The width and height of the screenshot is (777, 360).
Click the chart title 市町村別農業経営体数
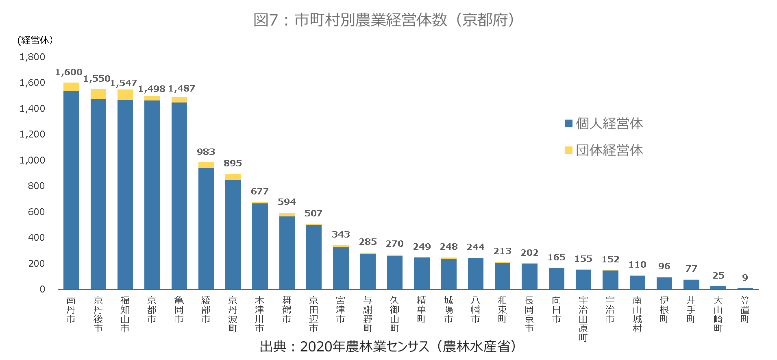tap(384, 20)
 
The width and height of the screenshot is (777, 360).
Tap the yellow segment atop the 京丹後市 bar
tap(98, 94)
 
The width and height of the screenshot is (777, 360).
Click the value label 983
tap(206, 152)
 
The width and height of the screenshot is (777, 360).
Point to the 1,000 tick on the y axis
tap(32, 160)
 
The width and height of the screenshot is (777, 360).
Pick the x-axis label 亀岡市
tap(179, 310)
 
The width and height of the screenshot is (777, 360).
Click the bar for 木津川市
tap(260, 246)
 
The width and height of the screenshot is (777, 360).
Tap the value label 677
tap(259, 191)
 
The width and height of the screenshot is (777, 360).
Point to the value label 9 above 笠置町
tap(745, 277)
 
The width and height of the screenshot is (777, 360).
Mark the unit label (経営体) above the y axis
tap(35, 40)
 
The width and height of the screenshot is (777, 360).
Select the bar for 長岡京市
tap(529, 276)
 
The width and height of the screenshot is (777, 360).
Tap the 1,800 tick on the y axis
tap(32, 57)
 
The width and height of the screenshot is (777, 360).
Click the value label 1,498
tap(152, 89)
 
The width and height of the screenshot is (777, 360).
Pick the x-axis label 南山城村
tap(637, 314)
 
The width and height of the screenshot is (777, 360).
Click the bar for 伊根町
tap(664, 283)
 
